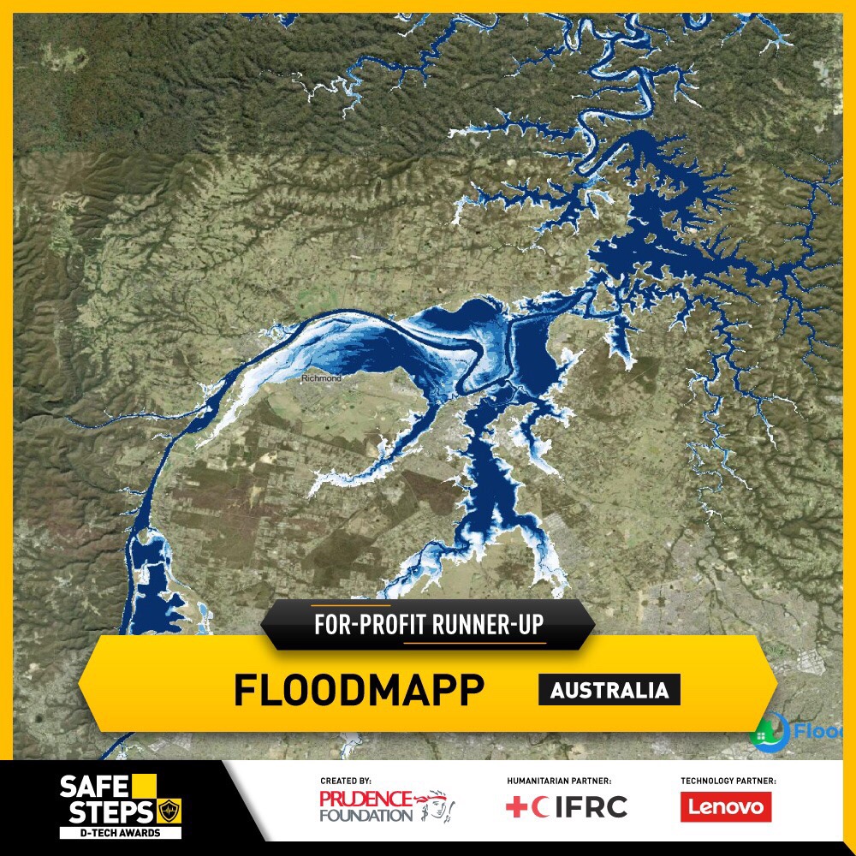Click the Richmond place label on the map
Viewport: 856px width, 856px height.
321,377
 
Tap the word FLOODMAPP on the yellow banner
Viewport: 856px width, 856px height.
359,690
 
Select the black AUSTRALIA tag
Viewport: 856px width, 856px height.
609,690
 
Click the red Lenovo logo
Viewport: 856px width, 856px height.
726,806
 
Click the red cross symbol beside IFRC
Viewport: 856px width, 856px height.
515,806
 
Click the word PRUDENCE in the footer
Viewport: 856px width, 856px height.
366,799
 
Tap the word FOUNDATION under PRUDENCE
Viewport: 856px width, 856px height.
366,815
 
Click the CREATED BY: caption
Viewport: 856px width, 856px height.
346,781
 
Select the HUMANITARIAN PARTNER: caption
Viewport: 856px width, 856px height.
559,781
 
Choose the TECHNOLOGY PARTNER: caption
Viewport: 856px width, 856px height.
728,781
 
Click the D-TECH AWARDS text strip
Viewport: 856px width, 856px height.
121,832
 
